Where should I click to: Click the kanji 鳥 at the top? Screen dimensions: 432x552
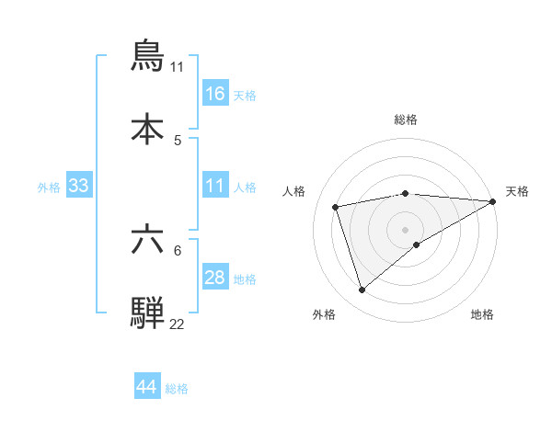(148, 56)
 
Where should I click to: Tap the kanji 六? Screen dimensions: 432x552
(148, 240)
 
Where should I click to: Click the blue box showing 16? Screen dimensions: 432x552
(215, 93)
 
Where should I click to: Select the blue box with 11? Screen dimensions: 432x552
(215, 186)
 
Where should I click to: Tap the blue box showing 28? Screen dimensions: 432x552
(215, 278)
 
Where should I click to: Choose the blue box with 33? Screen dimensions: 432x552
(79, 186)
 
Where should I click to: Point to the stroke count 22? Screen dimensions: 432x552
(177, 324)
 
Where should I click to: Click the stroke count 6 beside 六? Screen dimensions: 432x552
(178, 250)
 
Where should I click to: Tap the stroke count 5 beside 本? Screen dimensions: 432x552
(178, 140)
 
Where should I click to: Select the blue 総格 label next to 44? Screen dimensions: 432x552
(177, 389)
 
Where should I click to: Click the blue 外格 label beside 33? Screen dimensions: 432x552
(49, 187)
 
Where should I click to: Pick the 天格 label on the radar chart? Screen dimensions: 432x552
(517, 191)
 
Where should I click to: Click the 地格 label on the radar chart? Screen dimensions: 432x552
(482, 314)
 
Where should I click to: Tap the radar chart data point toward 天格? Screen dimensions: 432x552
(493, 201)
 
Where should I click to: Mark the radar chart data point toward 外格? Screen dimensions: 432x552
(362, 290)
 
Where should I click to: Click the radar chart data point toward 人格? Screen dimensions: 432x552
(336, 206)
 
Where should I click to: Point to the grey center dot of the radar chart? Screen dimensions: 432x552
(405, 229)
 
